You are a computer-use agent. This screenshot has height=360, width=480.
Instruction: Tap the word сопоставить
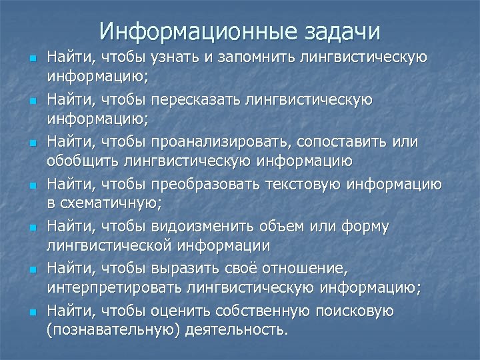click(x=334, y=143)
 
